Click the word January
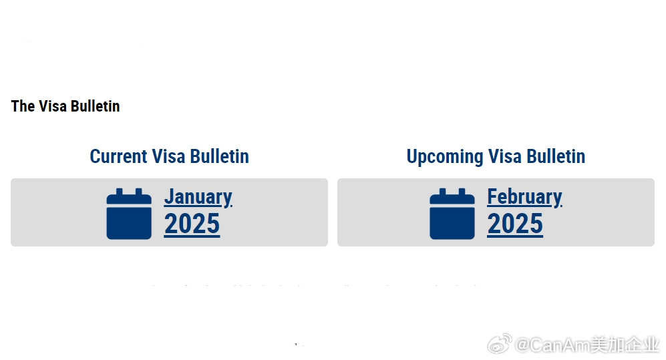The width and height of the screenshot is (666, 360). coord(198,197)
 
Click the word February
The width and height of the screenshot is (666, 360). coord(524,197)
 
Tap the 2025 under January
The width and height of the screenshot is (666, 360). coord(192,224)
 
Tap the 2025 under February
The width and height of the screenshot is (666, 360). coord(515,224)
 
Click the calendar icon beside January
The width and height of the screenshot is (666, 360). coord(129,214)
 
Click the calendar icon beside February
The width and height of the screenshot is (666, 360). coord(452,214)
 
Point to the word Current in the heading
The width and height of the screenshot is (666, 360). coord(118,156)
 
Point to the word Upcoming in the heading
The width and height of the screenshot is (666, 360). coord(445,157)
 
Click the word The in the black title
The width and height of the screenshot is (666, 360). coord(23,106)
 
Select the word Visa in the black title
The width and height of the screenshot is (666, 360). coord(53,106)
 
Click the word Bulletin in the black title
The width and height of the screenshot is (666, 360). coord(95,106)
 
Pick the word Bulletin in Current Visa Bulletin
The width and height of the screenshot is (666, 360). coord(219,156)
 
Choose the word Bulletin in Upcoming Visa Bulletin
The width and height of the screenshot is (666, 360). coord(556,156)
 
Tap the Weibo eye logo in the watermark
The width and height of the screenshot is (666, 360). coord(500,343)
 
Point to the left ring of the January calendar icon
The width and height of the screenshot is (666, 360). coord(120,192)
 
